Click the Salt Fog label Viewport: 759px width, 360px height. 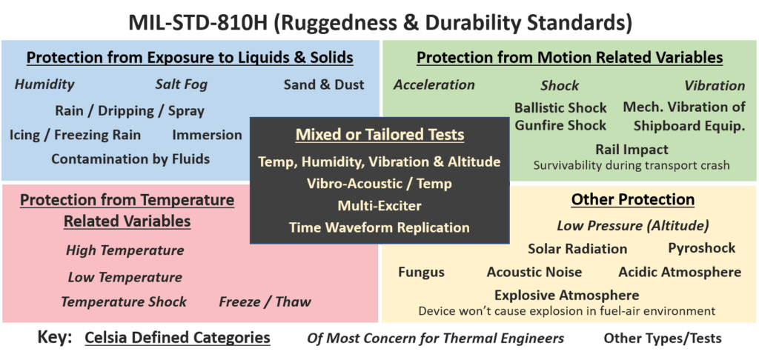[x=182, y=84]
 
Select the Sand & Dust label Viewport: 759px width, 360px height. [x=324, y=84]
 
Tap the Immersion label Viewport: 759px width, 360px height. [x=208, y=135]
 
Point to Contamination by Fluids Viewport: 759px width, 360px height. [x=130, y=159]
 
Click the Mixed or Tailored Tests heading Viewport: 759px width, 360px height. [x=380, y=135]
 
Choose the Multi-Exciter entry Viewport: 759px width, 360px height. [x=379, y=205]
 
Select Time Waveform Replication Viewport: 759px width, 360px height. [x=379, y=227]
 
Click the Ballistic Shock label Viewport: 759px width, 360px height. [x=560, y=107]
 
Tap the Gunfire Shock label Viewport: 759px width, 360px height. [x=560, y=125]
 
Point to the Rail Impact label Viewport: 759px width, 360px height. [x=632, y=149]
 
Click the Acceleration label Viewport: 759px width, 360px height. [x=434, y=84]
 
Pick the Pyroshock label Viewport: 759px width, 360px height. [x=702, y=248]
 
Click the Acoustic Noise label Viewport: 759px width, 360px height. [x=534, y=272]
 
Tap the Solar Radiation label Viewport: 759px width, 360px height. [x=577, y=249]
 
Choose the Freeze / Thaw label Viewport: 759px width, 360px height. [x=265, y=302]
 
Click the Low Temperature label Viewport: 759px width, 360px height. [x=125, y=277]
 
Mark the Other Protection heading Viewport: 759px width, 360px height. [x=633, y=199]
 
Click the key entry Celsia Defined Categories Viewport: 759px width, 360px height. [x=177, y=337]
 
